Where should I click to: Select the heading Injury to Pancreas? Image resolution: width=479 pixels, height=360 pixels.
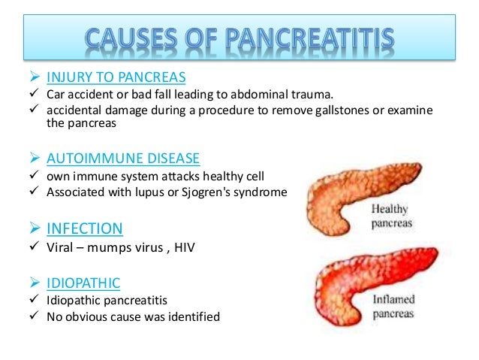pos(116,77)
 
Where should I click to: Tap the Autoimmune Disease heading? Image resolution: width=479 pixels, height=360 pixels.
pos(123,159)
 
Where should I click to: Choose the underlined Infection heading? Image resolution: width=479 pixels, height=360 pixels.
pos(85,228)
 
